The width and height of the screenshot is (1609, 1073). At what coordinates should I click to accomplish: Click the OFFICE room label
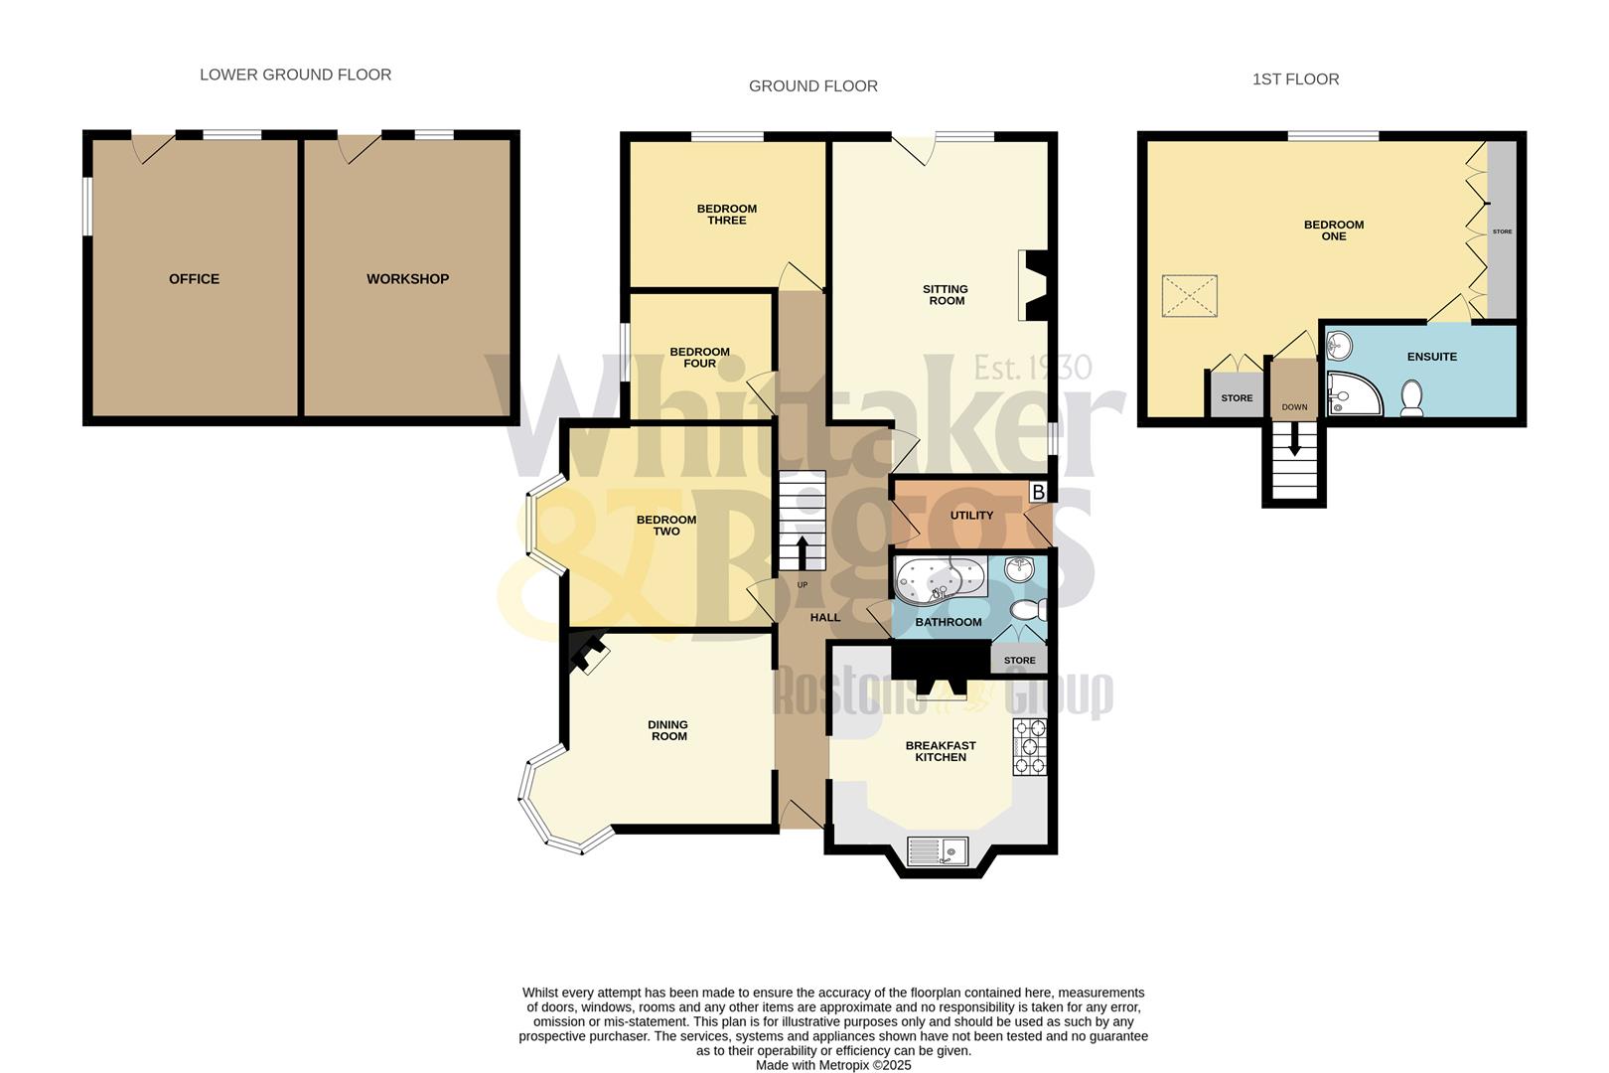194,279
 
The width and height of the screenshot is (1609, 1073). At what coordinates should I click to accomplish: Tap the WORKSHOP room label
407,279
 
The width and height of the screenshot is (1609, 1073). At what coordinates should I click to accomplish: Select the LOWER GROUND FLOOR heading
295,75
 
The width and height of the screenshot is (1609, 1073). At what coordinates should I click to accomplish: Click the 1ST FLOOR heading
1295,79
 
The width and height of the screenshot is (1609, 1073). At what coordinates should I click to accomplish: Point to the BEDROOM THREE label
726,215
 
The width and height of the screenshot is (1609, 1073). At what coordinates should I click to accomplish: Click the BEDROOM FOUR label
699,358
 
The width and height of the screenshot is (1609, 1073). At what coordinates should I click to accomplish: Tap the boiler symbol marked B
1038,492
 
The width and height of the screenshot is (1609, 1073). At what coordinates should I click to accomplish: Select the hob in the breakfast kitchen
1030,746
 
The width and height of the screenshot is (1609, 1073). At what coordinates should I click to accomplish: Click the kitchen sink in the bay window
939,851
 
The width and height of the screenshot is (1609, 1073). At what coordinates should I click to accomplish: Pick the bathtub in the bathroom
939,577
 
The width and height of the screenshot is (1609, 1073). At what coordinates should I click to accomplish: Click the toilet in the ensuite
1411,397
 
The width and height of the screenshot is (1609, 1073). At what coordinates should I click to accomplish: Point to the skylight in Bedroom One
1189,296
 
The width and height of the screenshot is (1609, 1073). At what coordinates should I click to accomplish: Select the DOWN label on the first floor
1294,407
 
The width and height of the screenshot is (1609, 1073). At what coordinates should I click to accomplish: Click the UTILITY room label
971,516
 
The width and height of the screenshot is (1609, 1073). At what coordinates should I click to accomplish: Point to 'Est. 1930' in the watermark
1032,368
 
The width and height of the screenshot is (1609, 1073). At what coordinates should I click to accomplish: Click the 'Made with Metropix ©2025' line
832,1065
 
